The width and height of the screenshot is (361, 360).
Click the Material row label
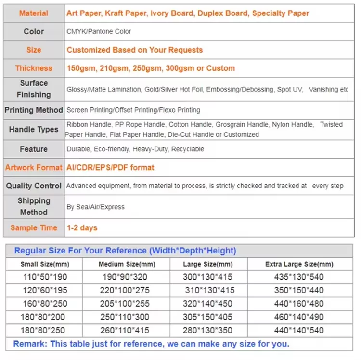pyautogui.click(x=34, y=13)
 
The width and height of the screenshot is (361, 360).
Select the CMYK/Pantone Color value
pyautogui.click(x=99, y=31)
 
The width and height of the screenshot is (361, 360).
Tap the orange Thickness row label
pyautogui.click(x=34, y=68)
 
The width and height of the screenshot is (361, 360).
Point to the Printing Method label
pyautogui.click(x=34, y=110)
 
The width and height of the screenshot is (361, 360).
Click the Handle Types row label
pyautogui.click(x=34, y=130)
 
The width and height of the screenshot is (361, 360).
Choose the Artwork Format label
pyautogui.click(x=34, y=168)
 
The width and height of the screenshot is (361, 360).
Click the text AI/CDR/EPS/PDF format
pyautogui.click(x=110, y=168)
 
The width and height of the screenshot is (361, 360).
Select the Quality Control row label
pyautogui.click(x=34, y=186)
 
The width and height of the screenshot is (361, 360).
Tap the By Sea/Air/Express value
pyautogui.click(x=95, y=207)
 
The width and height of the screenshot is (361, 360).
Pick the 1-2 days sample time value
pyautogui.click(x=82, y=227)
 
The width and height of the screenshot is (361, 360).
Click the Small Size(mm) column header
pyautogui.click(x=45, y=265)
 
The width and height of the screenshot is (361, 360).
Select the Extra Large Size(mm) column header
pyautogui.click(x=299, y=265)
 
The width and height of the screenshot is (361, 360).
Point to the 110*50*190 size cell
pyautogui.click(x=45, y=277)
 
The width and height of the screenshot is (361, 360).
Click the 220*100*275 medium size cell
pyautogui.click(x=124, y=291)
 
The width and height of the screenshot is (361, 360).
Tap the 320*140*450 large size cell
pyautogui.click(x=209, y=304)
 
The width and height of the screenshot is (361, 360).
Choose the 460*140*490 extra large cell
pyautogui.click(x=299, y=318)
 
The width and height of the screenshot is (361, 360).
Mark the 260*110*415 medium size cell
pyautogui.click(x=124, y=331)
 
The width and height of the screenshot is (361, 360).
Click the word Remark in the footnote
pyautogui.click(x=29, y=344)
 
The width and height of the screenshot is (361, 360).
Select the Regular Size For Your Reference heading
pyautogui.click(x=125, y=251)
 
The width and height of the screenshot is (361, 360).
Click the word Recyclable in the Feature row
pyautogui.click(x=188, y=149)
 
